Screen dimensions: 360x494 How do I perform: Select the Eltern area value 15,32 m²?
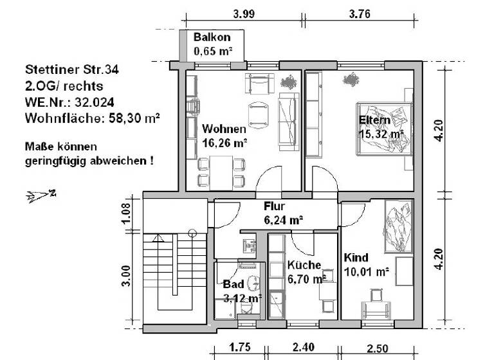pos(380,134)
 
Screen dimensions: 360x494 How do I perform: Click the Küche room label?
pos(304,265)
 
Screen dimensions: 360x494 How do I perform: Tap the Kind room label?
pos(356,258)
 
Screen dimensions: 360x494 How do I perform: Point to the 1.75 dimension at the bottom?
pos(240,348)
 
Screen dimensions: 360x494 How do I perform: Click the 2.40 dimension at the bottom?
pos(303,348)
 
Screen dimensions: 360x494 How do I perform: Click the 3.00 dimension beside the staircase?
pos(126,274)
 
